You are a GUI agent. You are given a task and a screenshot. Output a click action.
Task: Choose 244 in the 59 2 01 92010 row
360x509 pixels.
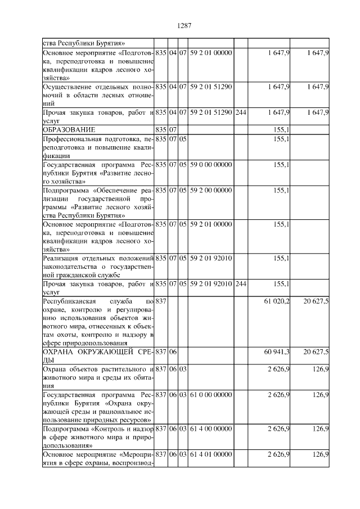(x=240, y=283)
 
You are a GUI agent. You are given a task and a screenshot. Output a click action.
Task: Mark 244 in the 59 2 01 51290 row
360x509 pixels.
(x=240, y=112)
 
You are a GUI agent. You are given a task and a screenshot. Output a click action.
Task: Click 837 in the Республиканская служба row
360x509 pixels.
(x=161, y=302)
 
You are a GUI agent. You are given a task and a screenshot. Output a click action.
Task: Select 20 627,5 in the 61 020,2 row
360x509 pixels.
(x=316, y=302)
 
